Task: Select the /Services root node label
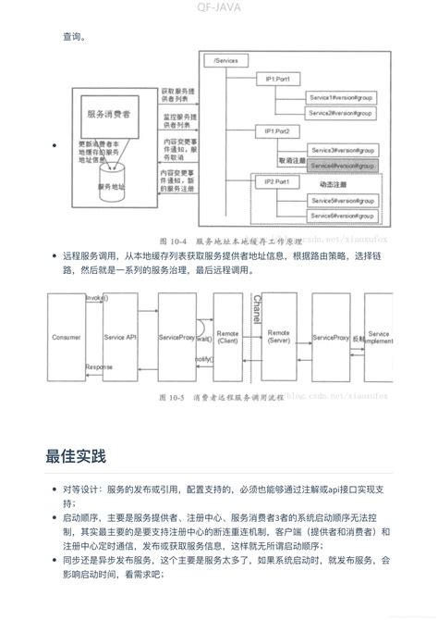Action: [225, 60]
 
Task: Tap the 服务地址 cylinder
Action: [111, 184]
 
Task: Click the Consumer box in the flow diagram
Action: [67, 339]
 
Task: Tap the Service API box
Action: [120, 339]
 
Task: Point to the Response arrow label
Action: [99, 366]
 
